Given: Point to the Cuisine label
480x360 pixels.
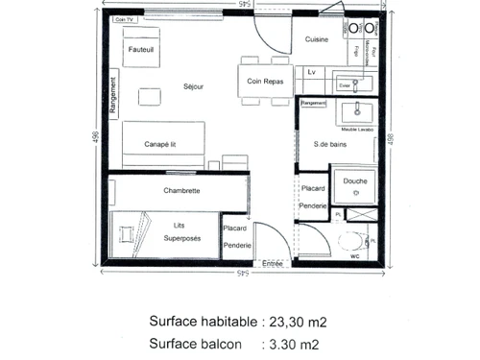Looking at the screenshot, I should point(317,39).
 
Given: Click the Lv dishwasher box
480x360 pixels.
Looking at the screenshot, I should point(312,72).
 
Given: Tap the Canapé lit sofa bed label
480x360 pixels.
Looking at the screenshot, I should point(161,144).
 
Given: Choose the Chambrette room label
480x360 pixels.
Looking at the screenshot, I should point(181,190).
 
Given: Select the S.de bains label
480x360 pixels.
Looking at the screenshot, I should point(329,145).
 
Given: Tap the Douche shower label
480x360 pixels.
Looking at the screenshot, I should point(354,180).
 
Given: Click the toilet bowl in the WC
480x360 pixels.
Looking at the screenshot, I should point(354,239).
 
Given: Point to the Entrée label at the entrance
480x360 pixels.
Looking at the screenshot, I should point(274,263).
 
